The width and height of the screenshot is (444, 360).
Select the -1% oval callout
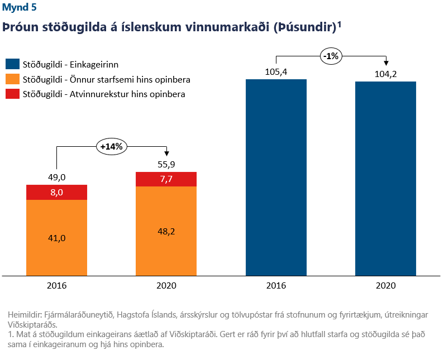(331, 55)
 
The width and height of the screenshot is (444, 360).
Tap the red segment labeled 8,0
(56, 192)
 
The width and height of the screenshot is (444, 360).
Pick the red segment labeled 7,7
(166, 179)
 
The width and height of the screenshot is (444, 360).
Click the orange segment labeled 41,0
(56, 237)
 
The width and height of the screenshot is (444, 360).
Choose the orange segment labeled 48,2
(166, 231)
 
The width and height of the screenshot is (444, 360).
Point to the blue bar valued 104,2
(385, 179)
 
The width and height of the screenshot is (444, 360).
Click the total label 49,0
(56, 177)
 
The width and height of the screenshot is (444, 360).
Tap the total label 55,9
(166, 164)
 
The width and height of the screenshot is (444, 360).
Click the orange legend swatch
(12, 79)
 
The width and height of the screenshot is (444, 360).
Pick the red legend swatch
(12, 94)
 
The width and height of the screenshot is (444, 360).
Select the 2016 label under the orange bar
(56, 285)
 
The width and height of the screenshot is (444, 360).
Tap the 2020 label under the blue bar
(385, 285)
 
